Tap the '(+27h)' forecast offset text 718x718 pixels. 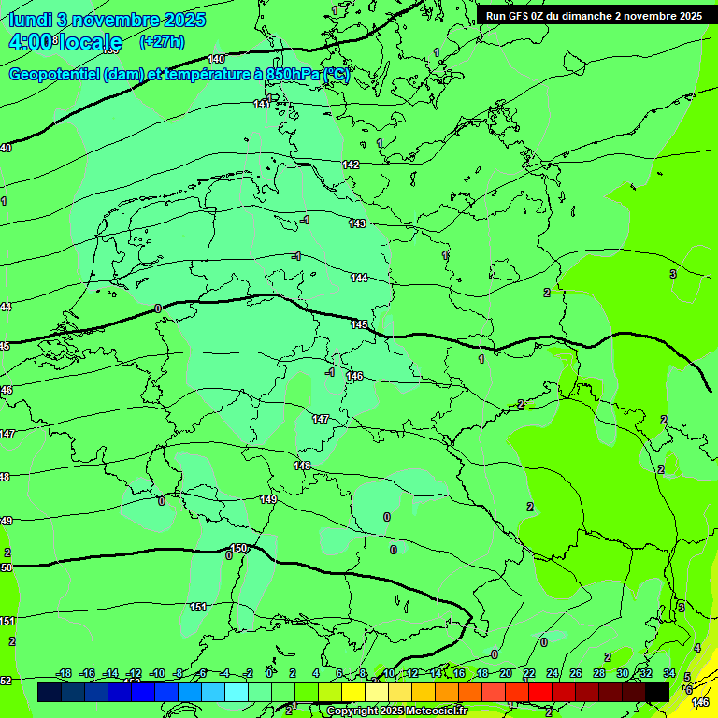point(162,41)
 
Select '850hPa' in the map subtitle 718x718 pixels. point(293,75)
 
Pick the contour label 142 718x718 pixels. point(351,165)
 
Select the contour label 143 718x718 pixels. point(357,223)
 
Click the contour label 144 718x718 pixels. point(359,278)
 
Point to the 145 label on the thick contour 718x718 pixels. point(359,324)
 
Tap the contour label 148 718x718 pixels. point(302,466)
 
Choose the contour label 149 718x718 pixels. point(268,500)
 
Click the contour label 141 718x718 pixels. point(262,104)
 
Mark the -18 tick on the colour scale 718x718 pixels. point(65,673)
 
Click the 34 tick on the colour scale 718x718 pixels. point(669,673)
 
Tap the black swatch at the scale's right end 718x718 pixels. point(657,692)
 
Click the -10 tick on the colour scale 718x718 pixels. point(157,673)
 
